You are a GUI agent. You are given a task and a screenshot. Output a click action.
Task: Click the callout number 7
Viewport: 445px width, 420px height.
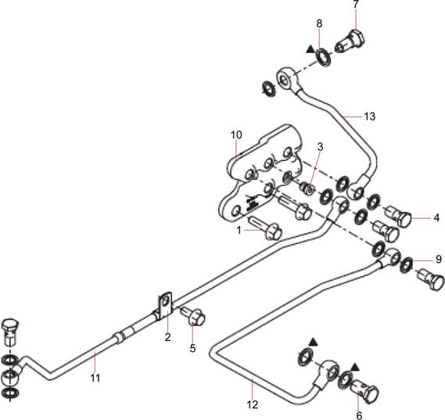pos(356,5)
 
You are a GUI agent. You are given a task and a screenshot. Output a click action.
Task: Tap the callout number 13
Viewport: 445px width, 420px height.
pos(369,117)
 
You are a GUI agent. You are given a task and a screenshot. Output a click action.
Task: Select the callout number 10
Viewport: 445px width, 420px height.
pos(236,135)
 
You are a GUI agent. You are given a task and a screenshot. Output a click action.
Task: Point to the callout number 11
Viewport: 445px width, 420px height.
pos(95,378)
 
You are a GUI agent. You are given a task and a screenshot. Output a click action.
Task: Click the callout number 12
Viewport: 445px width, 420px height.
pos(253,404)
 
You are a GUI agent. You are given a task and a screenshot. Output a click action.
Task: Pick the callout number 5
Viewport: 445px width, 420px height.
pos(192,348)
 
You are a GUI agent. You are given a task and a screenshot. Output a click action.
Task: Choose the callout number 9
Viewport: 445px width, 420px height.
pos(439,259)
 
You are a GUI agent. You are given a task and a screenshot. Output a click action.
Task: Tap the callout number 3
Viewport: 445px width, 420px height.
pos(320,147)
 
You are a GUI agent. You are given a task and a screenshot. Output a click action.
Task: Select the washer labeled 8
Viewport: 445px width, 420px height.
pos(323,58)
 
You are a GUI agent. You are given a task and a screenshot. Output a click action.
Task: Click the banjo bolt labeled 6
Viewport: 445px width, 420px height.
pos(364,391)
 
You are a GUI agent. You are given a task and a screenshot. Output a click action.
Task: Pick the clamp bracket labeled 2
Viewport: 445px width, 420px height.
pos(164,306)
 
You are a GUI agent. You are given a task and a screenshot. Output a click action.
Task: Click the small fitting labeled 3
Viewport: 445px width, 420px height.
pos(307,188)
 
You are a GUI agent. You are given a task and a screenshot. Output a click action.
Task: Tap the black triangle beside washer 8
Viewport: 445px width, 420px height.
pos(310,49)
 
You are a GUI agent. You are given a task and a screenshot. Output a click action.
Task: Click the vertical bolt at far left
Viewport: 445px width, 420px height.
pos(10,331)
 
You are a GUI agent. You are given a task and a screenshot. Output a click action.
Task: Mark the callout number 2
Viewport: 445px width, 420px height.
pos(167,337)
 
